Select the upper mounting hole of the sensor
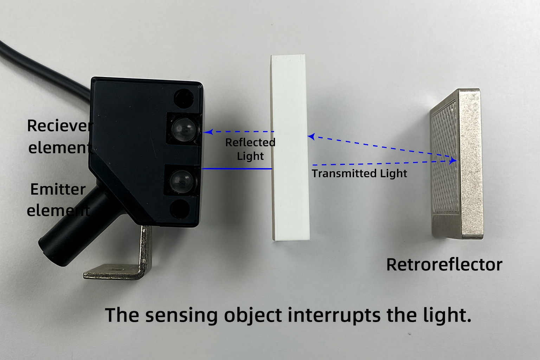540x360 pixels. coord(184,98)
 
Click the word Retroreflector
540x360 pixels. coord(444,265)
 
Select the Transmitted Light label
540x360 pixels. coord(359,173)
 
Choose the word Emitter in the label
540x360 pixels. coord(58,189)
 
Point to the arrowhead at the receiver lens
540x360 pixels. coord(208,132)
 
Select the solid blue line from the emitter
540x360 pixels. coord(236,169)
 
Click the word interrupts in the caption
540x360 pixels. coord(334,315)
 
